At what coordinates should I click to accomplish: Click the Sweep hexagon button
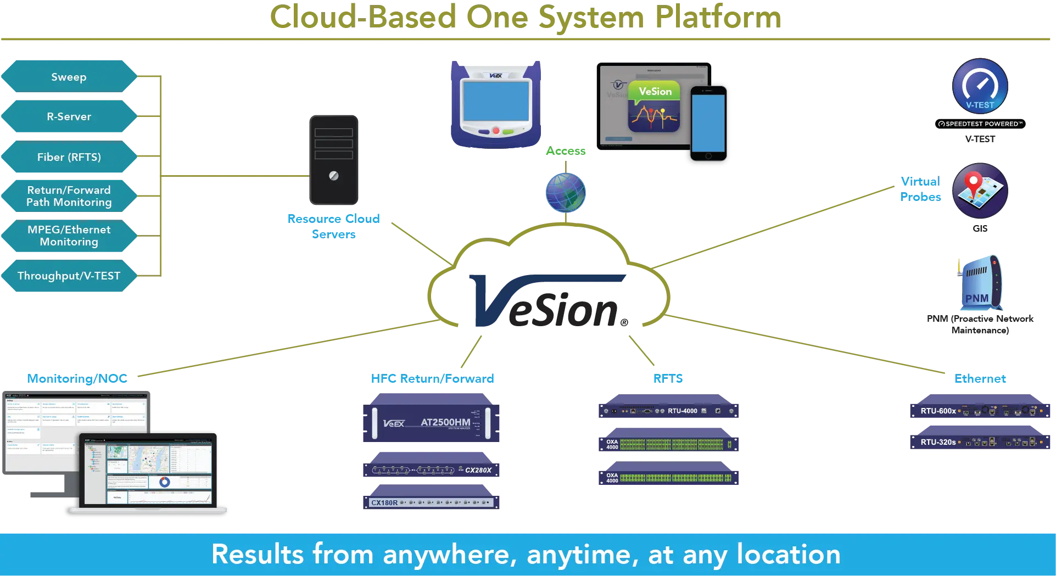pos(69,77)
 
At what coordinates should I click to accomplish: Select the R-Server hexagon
pos(69,116)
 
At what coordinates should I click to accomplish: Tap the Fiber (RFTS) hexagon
pos(69,157)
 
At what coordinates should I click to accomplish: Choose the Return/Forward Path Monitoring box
pos(69,196)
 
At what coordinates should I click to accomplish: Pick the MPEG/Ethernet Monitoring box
pos(69,236)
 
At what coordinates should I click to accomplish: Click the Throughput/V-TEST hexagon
pos(69,276)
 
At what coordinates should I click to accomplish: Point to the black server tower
pos(334,160)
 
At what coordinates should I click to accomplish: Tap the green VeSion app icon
pos(654,107)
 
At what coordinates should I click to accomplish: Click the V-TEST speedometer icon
pos(980,87)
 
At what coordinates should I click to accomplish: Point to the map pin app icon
pos(980,191)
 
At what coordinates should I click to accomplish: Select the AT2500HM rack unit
pos(431,422)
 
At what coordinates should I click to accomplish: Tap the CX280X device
pos(431,469)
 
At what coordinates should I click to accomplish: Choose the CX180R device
pos(431,502)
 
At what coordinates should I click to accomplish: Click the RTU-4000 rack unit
pos(670,411)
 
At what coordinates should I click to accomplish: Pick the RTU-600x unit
pos(981,411)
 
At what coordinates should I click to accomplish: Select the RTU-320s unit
pos(981,442)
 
